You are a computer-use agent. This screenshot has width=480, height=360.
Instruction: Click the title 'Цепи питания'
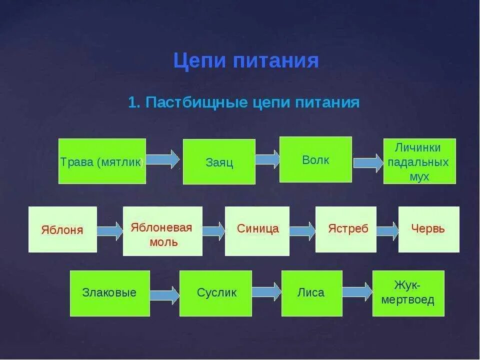246,61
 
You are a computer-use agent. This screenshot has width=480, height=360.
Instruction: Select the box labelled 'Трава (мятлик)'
102,161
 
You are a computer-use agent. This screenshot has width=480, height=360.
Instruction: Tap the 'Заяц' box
219,161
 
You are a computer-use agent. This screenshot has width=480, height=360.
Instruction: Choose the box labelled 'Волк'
315,159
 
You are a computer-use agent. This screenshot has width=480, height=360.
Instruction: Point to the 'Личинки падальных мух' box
419,161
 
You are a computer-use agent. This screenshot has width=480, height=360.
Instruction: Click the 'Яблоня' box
62,229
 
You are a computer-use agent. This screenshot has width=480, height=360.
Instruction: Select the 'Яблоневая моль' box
162,231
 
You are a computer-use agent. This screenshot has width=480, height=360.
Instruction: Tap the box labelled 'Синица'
257,229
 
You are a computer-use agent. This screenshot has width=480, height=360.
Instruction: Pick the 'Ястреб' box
346,229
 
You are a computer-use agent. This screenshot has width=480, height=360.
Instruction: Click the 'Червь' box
428,229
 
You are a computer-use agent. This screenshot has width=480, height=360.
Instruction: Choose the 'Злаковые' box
109,293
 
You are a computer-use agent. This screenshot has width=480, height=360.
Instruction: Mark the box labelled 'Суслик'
216,293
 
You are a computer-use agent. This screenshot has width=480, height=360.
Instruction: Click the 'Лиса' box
311,293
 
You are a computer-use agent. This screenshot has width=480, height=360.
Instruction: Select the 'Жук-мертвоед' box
408,293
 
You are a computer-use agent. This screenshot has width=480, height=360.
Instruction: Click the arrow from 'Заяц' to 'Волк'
267,159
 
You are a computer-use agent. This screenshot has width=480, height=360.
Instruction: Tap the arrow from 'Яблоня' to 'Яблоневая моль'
110,231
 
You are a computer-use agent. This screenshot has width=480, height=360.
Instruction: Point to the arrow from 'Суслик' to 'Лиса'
267,292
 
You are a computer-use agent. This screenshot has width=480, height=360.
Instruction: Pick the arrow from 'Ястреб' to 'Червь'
387,230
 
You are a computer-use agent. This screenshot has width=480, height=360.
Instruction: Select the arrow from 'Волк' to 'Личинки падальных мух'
368,163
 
